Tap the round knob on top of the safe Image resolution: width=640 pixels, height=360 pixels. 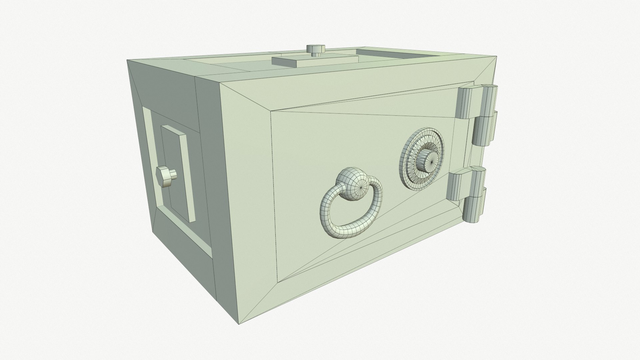pyautogui.click(x=315, y=49)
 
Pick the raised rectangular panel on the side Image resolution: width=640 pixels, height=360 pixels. pyautogui.click(x=177, y=173)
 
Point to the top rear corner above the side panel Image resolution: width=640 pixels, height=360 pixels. pyautogui.click(x=128, y=61)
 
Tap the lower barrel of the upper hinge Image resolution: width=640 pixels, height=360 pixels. pyautogui.click(x=485, y=128)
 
